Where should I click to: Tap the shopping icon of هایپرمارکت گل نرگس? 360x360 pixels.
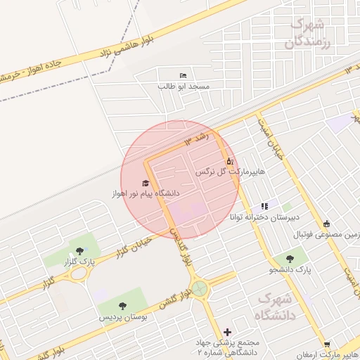tap(229, 161)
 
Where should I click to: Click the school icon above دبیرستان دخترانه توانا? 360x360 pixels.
tap(264, 206)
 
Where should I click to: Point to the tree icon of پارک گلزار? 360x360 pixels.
tap(78, 251)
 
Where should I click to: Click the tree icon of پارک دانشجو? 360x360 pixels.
tap(290, 259)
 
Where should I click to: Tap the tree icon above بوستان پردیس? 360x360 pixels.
tap(123, 306)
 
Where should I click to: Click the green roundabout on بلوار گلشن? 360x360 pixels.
tap(201, 288)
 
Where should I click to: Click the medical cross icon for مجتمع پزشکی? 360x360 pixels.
tap(227, 332)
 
